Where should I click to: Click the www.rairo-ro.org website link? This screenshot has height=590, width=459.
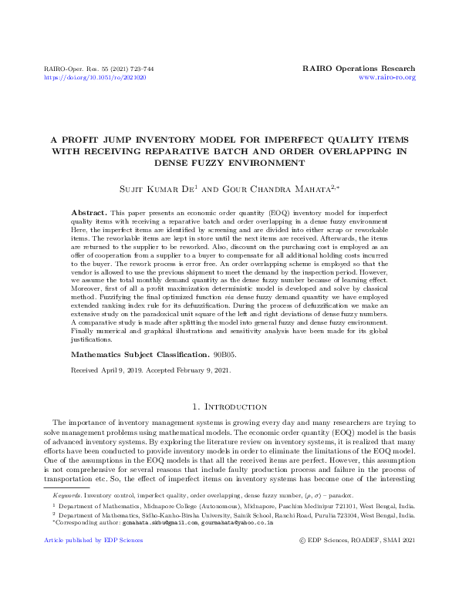click(x=387, y=78)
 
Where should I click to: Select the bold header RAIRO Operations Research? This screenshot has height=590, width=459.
click(x=360, y=69)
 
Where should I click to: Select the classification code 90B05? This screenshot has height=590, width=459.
click(x=225, y=356)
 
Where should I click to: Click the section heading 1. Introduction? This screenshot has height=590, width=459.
click(x=229, y=406)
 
